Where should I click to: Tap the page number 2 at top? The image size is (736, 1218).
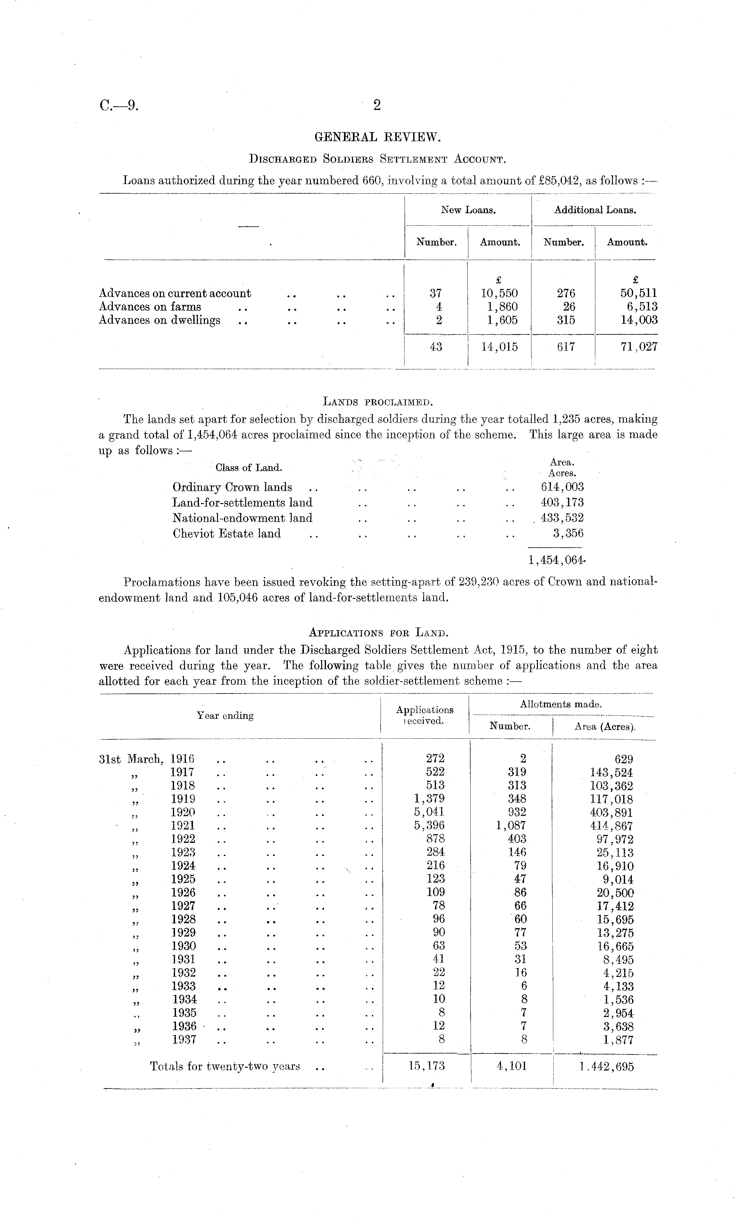point(377,105)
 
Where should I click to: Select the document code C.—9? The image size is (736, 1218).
point(119,105)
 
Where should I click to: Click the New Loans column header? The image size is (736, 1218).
point(468,210)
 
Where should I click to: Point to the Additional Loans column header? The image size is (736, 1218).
point(595,210)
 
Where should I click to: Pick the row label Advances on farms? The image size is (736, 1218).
point(150,307)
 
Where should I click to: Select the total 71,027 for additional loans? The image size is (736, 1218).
point(639,347)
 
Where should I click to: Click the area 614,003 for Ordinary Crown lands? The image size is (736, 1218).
point(563,487)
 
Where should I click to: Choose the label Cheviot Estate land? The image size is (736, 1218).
point(226,534)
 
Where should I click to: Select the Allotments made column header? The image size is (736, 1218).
point(561,704)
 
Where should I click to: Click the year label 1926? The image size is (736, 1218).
point(183,893)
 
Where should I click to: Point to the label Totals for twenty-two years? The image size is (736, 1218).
point(225,1067)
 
